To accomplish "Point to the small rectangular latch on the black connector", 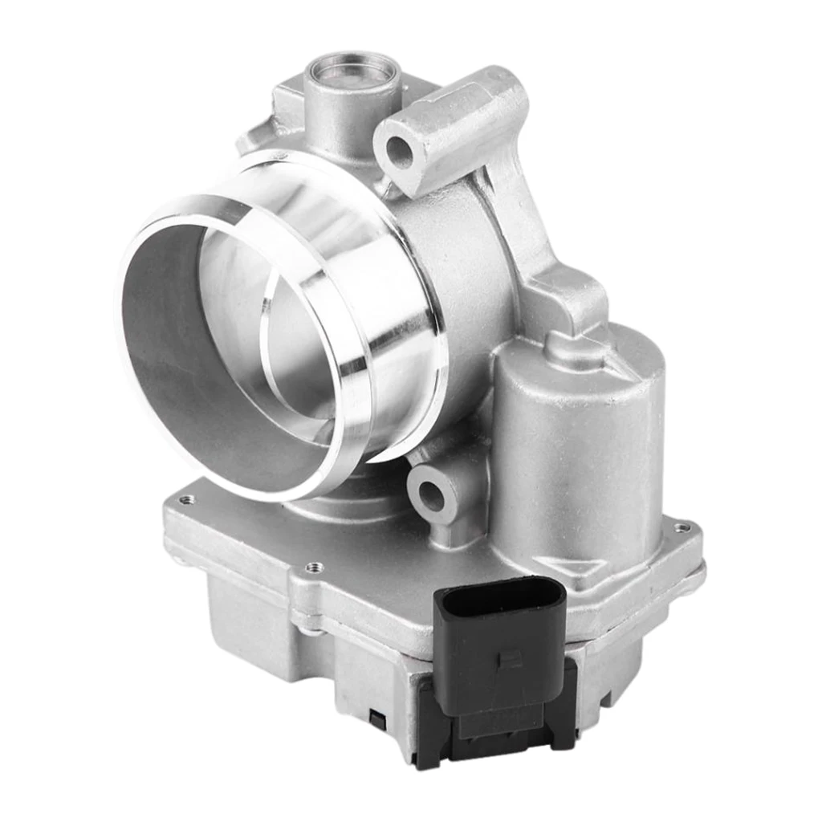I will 507,659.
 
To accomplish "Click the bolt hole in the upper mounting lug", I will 399,152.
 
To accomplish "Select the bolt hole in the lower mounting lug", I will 431,496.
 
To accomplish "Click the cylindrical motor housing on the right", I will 578,450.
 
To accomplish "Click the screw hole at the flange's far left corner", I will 186,499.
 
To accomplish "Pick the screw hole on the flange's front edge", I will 314,568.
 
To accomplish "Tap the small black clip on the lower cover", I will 375,717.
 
